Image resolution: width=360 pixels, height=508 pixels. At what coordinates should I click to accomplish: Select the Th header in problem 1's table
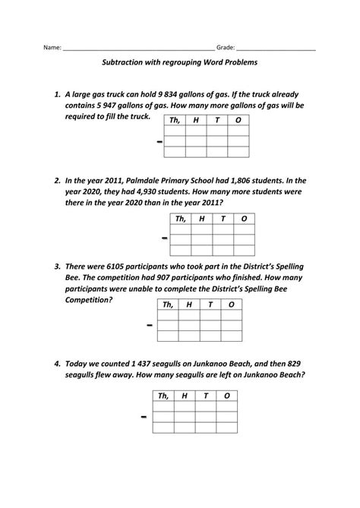pos(174,120)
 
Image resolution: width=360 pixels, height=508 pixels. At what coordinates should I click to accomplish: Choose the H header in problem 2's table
pos(201,219)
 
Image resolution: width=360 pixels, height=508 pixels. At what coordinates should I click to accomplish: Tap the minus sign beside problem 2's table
pos(165,239)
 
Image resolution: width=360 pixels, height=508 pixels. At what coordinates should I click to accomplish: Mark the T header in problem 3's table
pos(209,304)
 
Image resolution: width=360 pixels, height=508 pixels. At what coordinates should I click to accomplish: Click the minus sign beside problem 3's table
pos(150,326)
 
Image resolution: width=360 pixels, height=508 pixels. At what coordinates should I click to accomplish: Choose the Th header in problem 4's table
pos(163,396)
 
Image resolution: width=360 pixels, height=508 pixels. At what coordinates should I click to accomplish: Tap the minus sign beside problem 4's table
pos(143,418)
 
